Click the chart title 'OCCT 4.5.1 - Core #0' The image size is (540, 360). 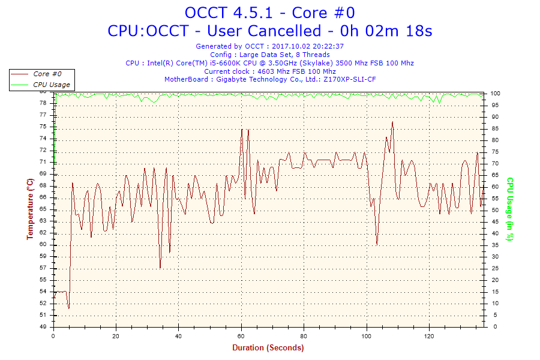coord(269,13)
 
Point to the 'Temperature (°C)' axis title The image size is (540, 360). coord(30,209)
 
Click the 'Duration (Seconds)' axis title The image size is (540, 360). coord(268,347)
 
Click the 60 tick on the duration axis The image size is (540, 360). coord(241,336)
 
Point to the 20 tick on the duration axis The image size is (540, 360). coord(116,336)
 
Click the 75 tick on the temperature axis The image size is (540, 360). coord(43,127)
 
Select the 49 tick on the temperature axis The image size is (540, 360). coord(43,327)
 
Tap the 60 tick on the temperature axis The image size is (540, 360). coord(43,245)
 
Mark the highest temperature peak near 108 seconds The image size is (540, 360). coord(392,122)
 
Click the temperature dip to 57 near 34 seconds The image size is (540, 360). coord(160,268)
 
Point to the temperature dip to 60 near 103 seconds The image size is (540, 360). coord(377,244)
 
